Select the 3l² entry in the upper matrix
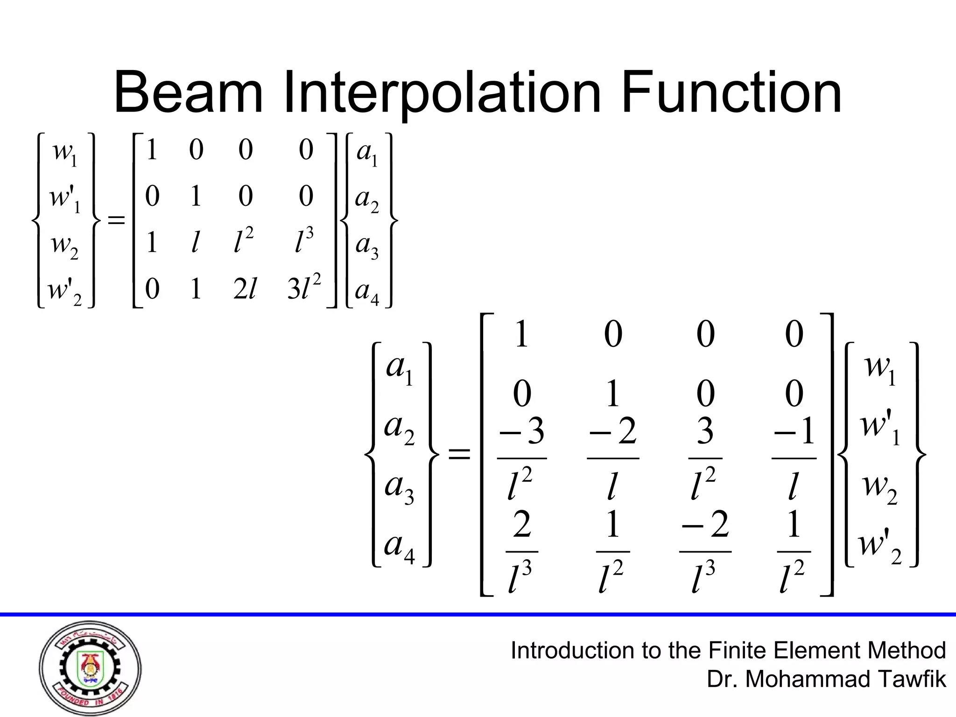tap(304, 288)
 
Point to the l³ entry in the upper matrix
tap(304, 241)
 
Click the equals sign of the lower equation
tap(459, 454)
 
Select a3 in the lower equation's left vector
tap(399, 488)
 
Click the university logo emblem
tap(90, 668)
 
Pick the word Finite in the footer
tap(737, 650)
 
